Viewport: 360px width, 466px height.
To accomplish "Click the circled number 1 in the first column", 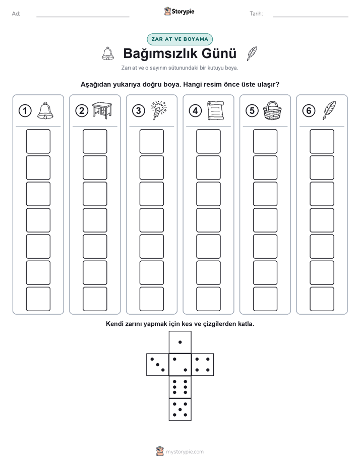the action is click(x=25, y=111).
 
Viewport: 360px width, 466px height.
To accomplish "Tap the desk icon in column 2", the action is click(x=102, y=110).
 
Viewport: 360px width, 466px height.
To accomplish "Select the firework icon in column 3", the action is click(x=159, y=110).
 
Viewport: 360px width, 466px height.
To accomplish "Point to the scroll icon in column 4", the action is click(x=216, y=110).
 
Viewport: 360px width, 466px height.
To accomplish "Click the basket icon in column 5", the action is click(x=272, y=110).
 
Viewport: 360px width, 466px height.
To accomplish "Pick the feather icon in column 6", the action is click(x=329, y=110).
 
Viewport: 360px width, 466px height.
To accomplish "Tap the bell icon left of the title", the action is click(x=108, y=53).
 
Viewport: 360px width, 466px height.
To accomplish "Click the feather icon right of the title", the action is click(x=252, y=54).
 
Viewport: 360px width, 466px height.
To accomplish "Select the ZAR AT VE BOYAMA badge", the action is click(x=179, y=39).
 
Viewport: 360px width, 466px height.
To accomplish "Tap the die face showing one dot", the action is click(x=180, y=342).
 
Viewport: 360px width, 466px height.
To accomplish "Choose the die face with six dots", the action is click(x=180, y=387).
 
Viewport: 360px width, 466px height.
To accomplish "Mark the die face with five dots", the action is click(x=180, y=410).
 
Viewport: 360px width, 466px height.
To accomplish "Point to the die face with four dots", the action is click(x=203, y=365).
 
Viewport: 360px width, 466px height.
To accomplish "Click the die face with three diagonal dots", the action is click(x=158, y=365).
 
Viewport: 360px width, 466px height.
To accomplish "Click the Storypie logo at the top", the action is click(x=179, y=12).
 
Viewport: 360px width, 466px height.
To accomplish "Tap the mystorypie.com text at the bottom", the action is click(x=185, y=452).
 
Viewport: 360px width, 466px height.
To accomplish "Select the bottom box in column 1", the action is click(x=38, y=299).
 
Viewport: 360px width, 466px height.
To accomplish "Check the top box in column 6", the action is click(x=322, y=141).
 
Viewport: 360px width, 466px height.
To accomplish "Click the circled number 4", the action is click(x=195, y=111).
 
